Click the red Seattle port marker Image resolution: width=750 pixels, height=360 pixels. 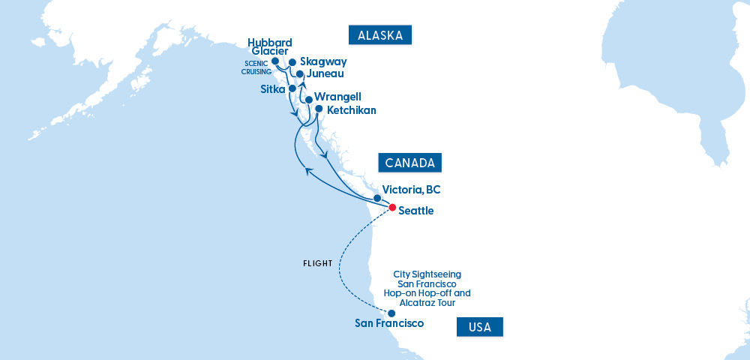tap(391, 206)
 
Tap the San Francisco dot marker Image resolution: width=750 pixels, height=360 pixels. tap(391, 313)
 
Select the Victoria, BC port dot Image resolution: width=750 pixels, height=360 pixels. tap(377, 198)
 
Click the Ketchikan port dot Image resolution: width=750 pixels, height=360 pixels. tap(319, 109)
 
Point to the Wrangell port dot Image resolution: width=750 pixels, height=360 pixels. tap(308, 99)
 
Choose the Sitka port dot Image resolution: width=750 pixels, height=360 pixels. tap(292, 88)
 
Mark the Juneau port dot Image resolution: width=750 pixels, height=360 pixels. tap(300, 74)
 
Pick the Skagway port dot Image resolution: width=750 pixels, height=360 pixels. tap(292, 63)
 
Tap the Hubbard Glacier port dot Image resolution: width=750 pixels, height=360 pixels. tap(275, 61)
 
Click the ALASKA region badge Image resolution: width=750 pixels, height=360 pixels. tap(381, 35)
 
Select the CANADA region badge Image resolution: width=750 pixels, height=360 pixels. tap(409, 163)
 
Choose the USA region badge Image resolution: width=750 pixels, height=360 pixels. tap(479, 327)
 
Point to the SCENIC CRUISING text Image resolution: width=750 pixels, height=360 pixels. tap(256, 67)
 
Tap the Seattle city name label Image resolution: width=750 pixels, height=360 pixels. tap(416, 211)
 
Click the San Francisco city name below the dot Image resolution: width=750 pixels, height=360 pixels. tap(389, 324)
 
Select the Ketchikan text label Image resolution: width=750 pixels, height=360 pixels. tap(351, 110)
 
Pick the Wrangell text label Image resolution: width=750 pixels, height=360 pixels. tap(337, 97)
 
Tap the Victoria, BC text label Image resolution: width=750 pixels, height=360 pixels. tap(411, 190)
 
